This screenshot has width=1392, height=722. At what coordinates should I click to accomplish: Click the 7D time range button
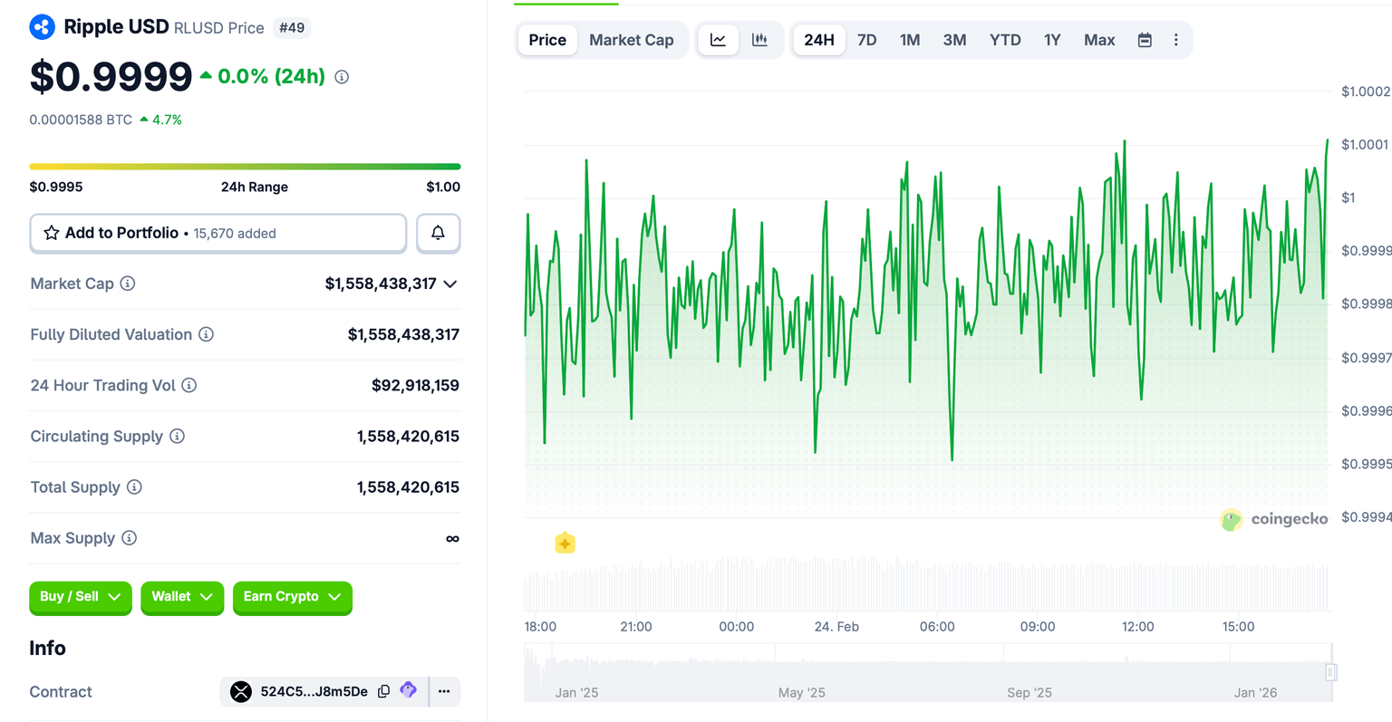coord(866,40)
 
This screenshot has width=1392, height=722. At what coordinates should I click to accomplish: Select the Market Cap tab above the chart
coord(631,40)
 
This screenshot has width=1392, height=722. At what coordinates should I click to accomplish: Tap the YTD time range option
coord(1005,40)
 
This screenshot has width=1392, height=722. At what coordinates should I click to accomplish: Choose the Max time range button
coord(1099,40)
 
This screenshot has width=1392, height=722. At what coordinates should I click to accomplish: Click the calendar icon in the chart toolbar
coord(1145,40)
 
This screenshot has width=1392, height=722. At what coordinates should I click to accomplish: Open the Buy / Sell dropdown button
coord(80,597)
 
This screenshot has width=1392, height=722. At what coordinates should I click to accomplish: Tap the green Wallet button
coord(181,597)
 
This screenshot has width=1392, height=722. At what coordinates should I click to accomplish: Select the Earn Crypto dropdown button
coord(292,597)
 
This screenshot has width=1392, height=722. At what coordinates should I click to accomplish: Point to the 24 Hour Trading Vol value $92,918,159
coord(415,385)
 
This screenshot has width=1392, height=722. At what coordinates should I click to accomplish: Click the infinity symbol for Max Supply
coord(452,539)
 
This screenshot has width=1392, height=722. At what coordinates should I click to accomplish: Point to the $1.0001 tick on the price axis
coord(1365,145)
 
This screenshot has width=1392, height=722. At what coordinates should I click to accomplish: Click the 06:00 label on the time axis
coord(937,627)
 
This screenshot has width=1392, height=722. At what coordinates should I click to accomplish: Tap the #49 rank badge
coord(292,28)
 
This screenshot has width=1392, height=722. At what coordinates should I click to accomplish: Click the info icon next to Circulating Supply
coord(178,436)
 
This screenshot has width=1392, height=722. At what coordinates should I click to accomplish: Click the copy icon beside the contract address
coord(383,691)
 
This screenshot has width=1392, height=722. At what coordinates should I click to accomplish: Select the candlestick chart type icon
coord(759,40)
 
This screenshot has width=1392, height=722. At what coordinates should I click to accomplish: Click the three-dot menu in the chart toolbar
coord(1175,40)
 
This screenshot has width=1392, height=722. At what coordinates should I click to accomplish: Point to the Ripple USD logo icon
coord(42,27)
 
